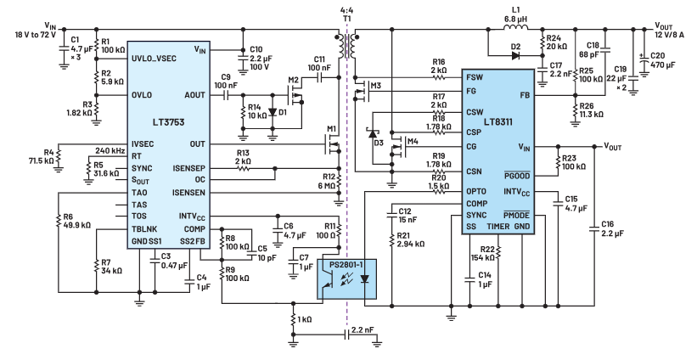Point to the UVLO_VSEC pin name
157,52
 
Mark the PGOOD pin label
529,174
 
